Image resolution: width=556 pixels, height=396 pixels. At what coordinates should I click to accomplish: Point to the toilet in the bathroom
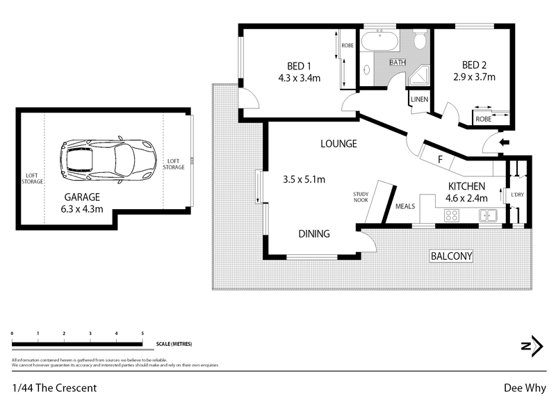click(419, 41)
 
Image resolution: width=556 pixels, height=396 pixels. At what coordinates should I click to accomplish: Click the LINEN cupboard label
click(419, 99)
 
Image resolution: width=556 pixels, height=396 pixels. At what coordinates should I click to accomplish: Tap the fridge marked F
click(440, 160)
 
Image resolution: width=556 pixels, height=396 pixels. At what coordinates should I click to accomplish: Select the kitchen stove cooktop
click(451, 215)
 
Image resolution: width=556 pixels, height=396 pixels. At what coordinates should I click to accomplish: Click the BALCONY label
click(451, 256)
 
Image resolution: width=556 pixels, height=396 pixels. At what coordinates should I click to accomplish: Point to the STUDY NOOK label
click(360, 197)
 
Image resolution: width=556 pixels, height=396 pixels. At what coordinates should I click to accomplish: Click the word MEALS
click(405, 206)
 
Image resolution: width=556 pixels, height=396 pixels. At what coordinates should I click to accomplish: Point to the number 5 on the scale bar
click(142, 334)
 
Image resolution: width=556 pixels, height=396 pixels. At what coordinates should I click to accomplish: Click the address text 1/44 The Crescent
click(54, 388)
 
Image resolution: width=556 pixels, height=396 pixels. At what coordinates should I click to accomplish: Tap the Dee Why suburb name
click(524, 388)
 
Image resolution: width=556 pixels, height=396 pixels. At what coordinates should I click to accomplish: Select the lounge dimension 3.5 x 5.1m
click(304, 179)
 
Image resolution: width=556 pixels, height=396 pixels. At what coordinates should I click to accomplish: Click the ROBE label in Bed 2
click(484, 119)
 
